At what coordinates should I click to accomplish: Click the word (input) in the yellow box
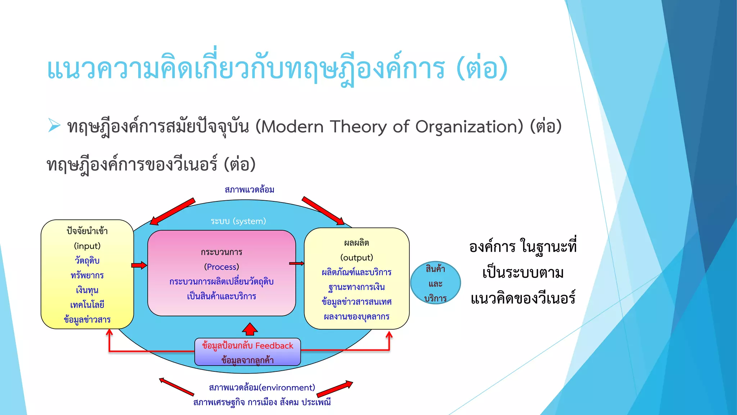pyautogui.click(x=87, y=246)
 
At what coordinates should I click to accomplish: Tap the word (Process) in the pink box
pyautogui.click(x=221, y=267)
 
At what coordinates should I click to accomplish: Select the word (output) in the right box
pyautogui.click(x=357, y=258)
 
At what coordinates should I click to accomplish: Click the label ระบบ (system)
pyautogui.click(x=238, y=221)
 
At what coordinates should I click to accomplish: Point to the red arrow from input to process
pyautogui.click(x=139, y=265)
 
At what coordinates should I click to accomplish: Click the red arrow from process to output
pyautogui.click(x=297, y=264)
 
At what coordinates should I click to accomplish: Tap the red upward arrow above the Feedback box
pyautogui.click(x=250, y=329)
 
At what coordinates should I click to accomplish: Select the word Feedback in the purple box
pyautogui.click(x=274, y=346)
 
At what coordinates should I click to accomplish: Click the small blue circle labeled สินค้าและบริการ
pyautogui.click(x=435, y=283)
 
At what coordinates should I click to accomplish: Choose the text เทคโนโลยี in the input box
pyautogui.click(x=87, y=305)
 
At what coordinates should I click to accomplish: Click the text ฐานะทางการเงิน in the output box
pyautogui.click(x=357, y=287)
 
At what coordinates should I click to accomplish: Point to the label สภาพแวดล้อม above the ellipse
pyautogui.click(x=249, y=190)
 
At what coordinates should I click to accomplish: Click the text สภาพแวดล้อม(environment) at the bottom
pyautogui.click(x=262, y=388)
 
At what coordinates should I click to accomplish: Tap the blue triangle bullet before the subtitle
pyautogui.click(x=54, y=125)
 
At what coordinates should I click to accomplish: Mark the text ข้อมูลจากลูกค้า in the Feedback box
pyautogui.click(x=248, y=360)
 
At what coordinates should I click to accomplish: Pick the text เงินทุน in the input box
pyautogui.click(x=87, y=290)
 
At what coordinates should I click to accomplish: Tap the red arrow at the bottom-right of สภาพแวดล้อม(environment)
pyautogui.click(x=335, y=389)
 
